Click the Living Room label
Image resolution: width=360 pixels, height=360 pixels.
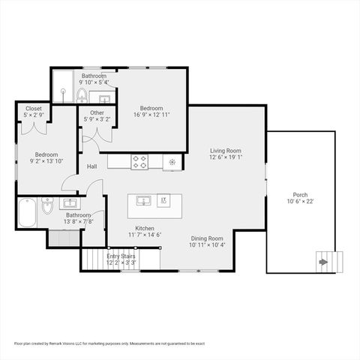tap(225, 151)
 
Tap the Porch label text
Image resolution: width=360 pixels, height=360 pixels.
tap(300, 194)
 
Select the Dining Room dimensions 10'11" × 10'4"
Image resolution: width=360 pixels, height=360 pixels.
tap(207, 244)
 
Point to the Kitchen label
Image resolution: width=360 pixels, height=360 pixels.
tap(144, 228)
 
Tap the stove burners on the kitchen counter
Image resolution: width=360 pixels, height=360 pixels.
tap(140, 160)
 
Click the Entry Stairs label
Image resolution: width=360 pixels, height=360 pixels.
tap(121, 256)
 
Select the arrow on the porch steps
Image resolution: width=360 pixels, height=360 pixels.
tap(323, 262)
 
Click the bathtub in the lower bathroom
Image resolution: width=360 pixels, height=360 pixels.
tap(26, 212)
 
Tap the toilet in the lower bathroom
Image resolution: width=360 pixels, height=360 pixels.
tap(46, 208)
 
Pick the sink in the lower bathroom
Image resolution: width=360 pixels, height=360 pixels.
tap(72, 203)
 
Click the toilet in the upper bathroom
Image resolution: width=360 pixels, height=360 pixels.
tap(82, 95)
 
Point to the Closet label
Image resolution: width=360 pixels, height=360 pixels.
tap(33, 108)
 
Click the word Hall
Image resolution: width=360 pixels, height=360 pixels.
tap(91, 166)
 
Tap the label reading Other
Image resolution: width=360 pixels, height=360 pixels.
tap(97, 112)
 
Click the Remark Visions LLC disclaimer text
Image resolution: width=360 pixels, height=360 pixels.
tap(109, 343)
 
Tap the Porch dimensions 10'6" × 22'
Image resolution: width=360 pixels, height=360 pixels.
tap(300, 202)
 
